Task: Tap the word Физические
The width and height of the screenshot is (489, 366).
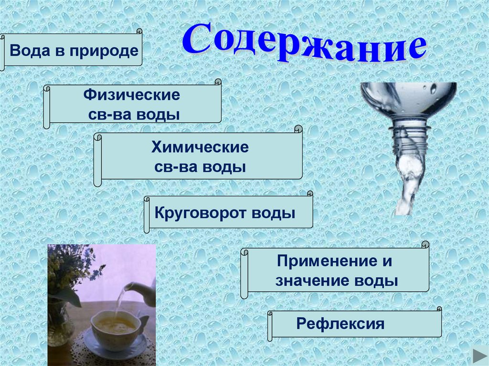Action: coord(132,94)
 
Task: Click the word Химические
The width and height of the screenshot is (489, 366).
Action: coord(200,147)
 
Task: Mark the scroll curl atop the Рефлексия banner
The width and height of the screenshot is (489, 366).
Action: coord(439,311)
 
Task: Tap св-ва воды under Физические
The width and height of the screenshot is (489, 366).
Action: coord(132,115)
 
